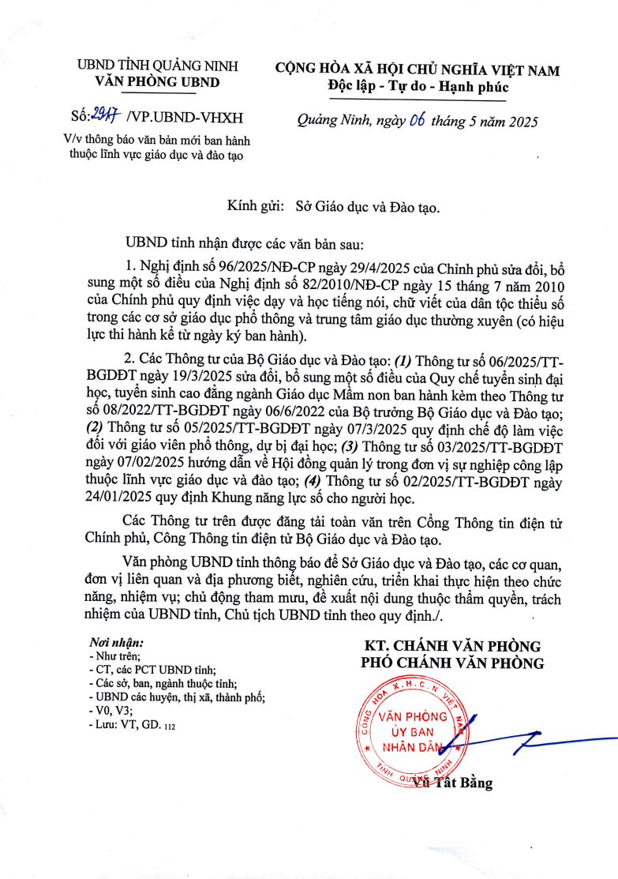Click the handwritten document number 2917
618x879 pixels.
tap(105, 117)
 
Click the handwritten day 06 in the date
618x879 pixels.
tap(418, 122)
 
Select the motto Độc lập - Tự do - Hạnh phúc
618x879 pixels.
tap(418, 87)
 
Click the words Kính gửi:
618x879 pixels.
tap(255, 206)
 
